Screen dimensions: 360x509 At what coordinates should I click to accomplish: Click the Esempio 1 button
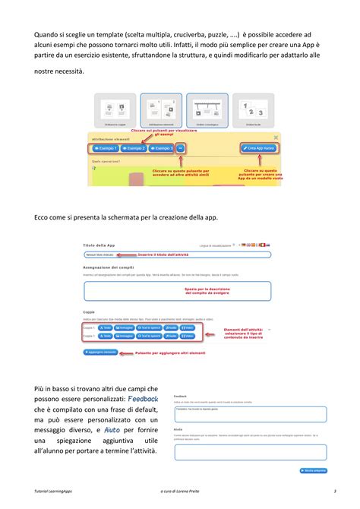106,148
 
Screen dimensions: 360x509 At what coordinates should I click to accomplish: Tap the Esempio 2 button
134,148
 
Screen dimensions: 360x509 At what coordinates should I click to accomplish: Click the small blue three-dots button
181,148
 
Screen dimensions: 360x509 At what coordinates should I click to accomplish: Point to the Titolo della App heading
99,245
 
